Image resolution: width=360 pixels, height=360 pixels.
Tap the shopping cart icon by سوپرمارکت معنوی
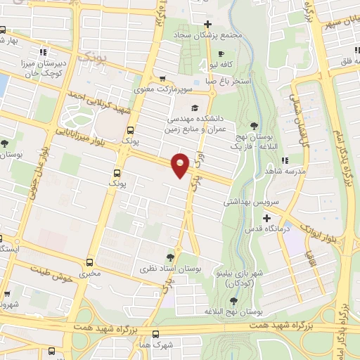tap(162, 79)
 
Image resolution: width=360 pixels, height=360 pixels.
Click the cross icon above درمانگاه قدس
tap(266, 217)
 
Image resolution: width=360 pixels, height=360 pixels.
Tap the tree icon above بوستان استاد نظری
tap(170, 257)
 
